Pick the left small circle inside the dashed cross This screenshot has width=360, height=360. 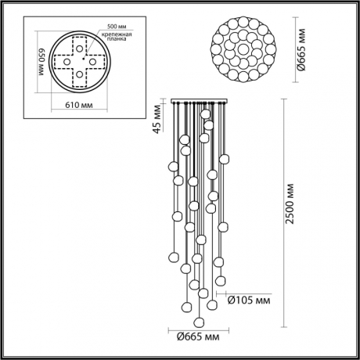(x=65, y=62)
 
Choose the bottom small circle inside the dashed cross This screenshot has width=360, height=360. (x=77, y=75)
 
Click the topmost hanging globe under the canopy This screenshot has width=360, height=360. (x=207, y=113)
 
